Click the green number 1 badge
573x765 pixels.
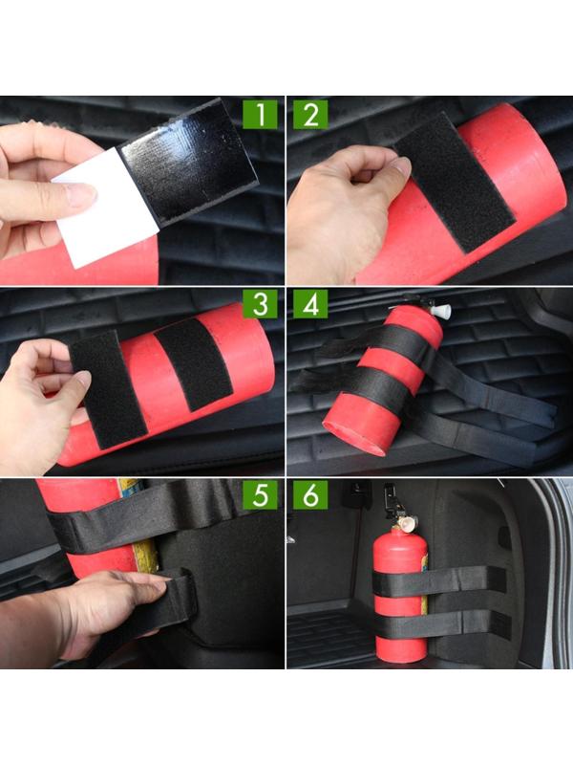coord(260,115)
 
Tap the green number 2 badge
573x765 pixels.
coord(311,115)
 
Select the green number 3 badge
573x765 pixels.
coord(260,304)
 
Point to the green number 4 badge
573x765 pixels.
coord(311,304)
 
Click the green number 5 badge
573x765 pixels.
coord(260,494)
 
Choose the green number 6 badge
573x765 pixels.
coord(311,494)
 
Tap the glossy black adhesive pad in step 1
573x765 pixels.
coord(188,160)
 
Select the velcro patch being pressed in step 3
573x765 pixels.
coord(108,390)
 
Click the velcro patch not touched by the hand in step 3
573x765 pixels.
coord(194,363)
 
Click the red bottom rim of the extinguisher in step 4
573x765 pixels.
coord(353,437)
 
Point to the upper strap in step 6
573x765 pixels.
coord(439,581)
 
